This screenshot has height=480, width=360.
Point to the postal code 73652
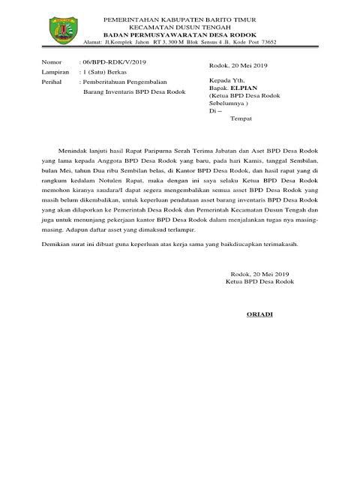pyautogui.click(x=267, y=43)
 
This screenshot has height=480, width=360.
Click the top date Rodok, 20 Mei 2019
pyautogui.click(x=239, y=66)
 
